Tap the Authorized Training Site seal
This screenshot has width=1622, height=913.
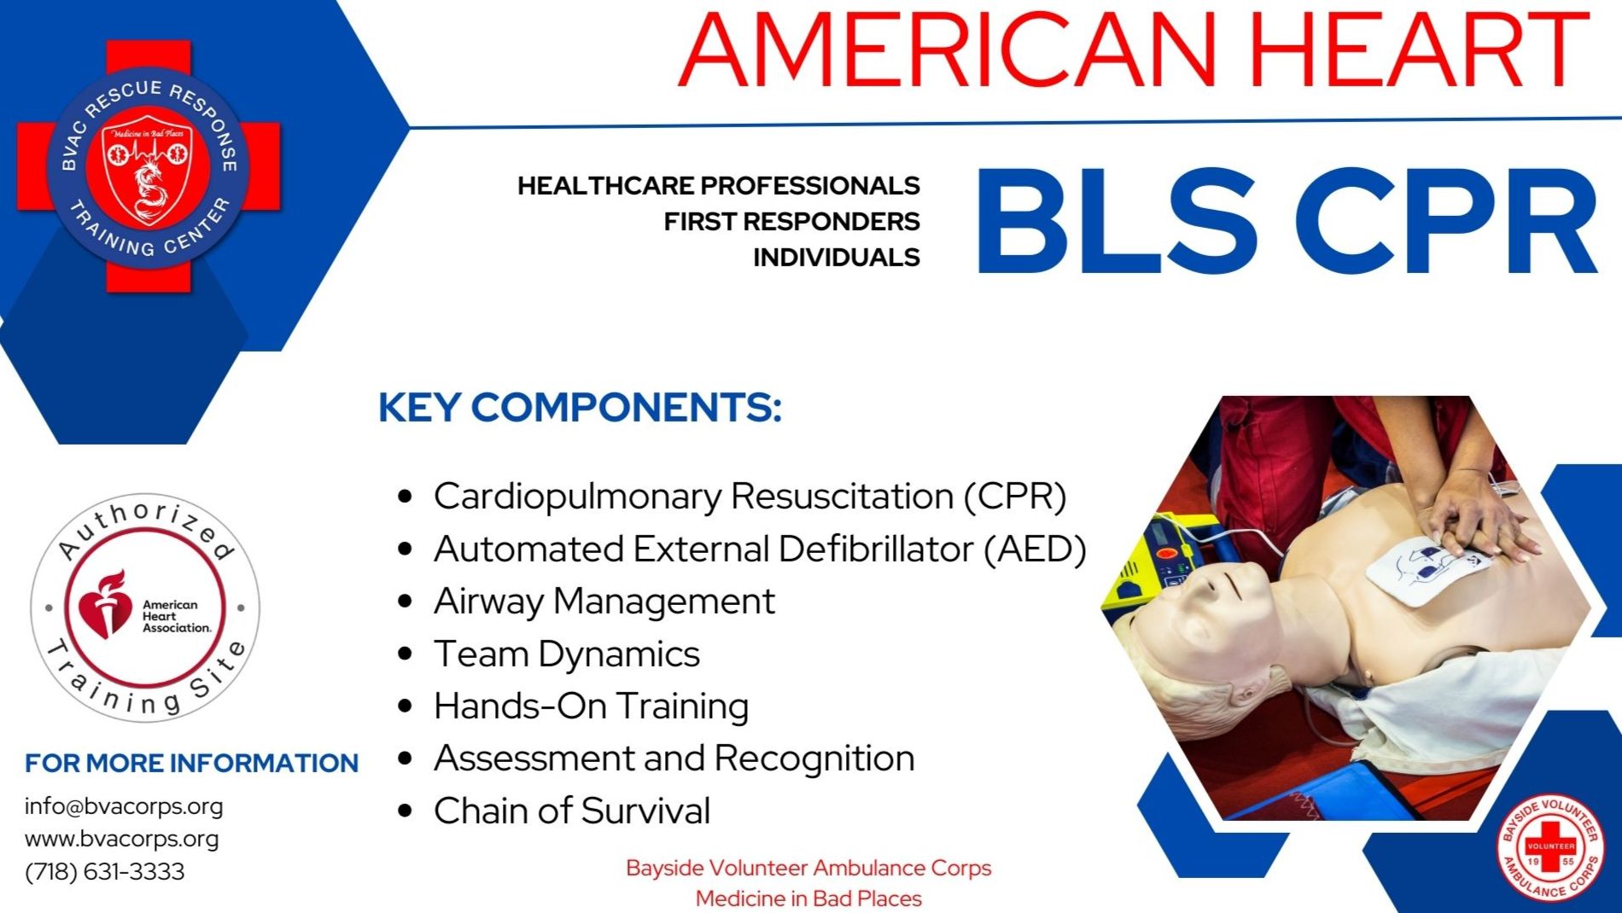tap(145, 608)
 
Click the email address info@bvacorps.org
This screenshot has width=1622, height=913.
tap(124, 806)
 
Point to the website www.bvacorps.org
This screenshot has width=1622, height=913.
tap(121, 839)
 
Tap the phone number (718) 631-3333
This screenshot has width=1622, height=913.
tap(104, 871)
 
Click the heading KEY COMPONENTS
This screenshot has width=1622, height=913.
tap(580, 408)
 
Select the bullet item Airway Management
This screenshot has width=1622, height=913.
tap(604, 602)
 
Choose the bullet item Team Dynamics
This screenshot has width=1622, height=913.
tap(566, 654)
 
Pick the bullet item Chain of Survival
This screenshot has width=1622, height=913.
tap(571, 811)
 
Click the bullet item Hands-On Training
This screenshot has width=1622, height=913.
tap(591, 707)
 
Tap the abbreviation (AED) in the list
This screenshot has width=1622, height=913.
tap(1035, 550)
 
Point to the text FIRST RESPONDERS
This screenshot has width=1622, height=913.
tap(791, 222)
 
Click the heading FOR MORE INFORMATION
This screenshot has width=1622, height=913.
tap(191, 763)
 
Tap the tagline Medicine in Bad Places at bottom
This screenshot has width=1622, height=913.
tap(808, 898)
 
